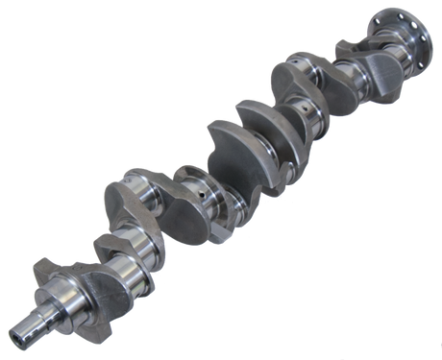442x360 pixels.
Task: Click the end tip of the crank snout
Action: (x=18, y=335)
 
